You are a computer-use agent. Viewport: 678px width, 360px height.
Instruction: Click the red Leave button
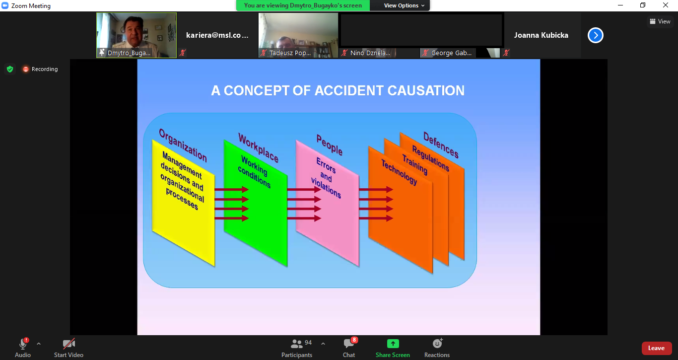pyautogui.click(x=657, y=348)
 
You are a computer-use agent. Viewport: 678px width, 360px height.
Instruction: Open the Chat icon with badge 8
pyautogui.click(x=349, y=344)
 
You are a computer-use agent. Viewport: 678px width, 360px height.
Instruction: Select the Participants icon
pyautogui.click(x=297, y=344)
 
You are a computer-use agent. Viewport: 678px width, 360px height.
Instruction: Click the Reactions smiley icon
pyautogui.click(x=437, y=344)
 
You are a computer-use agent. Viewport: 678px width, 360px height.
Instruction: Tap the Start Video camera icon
pyautogui.click(x=68, y=344)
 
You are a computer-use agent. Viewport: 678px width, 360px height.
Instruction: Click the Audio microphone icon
pyautogui.click(x=23, y=344)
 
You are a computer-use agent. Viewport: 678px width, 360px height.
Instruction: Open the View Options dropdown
pyautogui.click(x=404, y=5)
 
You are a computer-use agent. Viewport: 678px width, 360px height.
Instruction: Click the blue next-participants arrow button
pyautogui.click(x=596, y=35)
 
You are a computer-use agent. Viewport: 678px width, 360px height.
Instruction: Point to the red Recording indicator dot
pyautogui.click(x=26, y=70)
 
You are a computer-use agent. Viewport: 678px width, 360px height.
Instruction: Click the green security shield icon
pyautogui.click(x=10, y=70)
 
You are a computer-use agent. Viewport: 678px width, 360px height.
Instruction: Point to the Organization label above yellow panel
pyautogui.click(x=183, y=145)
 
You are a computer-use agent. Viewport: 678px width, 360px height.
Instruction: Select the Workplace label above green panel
pyautogui.click(x=258, y=148)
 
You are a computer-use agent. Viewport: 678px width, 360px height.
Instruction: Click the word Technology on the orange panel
pyautogui.click(x=399, y=172)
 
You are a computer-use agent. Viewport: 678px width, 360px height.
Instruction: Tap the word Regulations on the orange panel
pyautogui.click(x=431, y=158)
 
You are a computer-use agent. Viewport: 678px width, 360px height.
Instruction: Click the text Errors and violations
pyautogui.click(x=326, y=178)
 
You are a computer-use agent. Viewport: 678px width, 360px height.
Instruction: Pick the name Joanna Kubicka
pyautogui.click(x=541, y=35)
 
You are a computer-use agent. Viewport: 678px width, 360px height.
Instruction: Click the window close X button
pyautogui.click(x=665, y=5)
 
